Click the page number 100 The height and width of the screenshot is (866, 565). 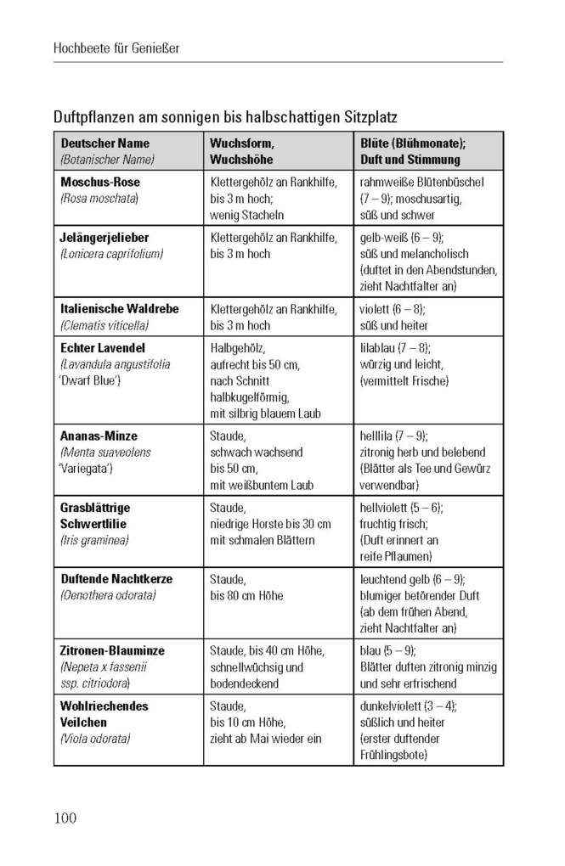click(x=65, y=818)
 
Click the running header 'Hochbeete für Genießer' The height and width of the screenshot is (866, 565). click(x=116, y=48)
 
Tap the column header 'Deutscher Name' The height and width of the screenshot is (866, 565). click(x=105, y=143)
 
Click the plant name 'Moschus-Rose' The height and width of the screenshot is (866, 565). click(x=100, y=182)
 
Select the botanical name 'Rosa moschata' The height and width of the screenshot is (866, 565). click(x=99, y=198)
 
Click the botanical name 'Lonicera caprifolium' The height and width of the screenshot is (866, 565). click(x=111, y=254)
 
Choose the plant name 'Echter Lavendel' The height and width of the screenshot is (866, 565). click(x=103, y=348)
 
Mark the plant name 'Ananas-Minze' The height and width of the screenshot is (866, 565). click(x=99, y=436)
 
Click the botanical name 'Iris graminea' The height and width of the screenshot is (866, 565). click(x=94, y=540)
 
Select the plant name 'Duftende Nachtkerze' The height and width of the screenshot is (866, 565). click(x=116, y=579)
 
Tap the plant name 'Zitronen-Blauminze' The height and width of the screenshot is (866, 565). click(x=112, y=650)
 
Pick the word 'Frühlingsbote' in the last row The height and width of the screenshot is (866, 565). click(x=394, y=755)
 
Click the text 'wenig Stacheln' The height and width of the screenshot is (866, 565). click(x=247, y=215)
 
